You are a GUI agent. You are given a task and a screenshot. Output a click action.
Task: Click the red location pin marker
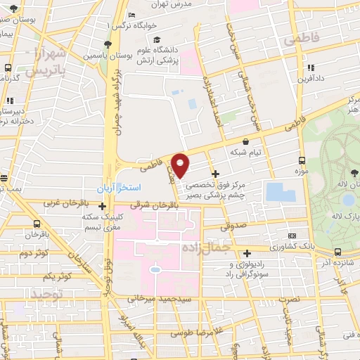(x=180, y=166)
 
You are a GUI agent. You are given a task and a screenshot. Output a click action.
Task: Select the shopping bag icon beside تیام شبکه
(x=245, y=141)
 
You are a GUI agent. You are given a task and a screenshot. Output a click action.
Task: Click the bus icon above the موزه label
(x=301, y=160)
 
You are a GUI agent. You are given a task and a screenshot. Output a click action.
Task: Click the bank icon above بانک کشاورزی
(x=293, y=236)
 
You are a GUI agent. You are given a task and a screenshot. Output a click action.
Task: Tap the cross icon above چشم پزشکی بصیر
(x=215, y=173)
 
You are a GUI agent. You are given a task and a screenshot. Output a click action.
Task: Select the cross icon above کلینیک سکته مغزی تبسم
(x=103, y=206)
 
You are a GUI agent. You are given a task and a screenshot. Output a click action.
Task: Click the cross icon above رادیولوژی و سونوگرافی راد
(x=247, y=254)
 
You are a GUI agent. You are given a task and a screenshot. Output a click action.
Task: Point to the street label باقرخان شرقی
(x=151, y=205)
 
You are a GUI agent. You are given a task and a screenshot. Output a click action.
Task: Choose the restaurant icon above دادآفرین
(x=310, y=67)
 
